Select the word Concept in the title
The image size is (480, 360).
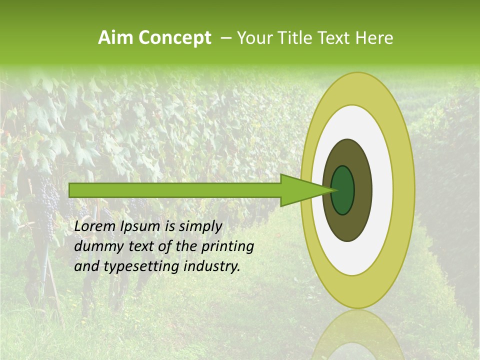tap(174, 38)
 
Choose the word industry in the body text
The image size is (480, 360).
tap(212, 266)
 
